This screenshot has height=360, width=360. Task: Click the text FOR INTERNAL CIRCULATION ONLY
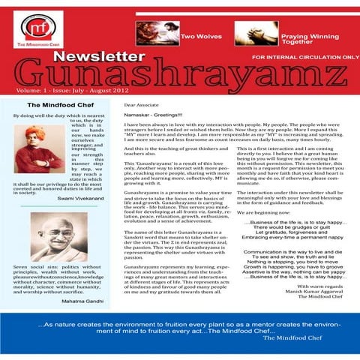click(x=305, y=57)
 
